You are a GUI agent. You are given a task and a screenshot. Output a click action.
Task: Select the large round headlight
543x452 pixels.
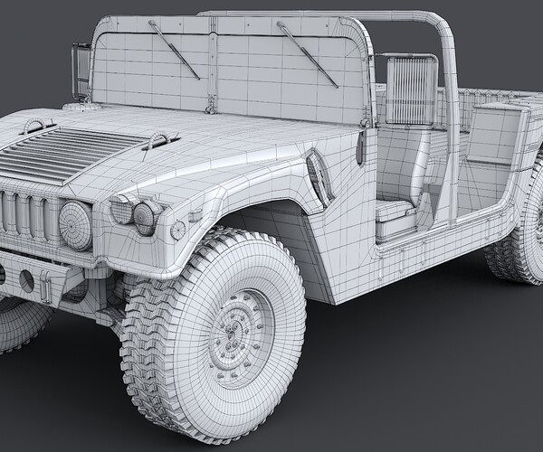(x=75, y=224)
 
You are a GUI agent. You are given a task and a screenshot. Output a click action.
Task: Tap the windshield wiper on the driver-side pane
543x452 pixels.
(x=308, y=54)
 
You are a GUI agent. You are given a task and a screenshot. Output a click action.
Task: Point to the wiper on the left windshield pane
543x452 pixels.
(x=174, y=49)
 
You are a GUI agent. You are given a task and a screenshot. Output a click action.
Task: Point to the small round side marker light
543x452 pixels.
(x=178, y=227)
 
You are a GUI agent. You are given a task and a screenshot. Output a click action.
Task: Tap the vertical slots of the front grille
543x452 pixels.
(x=27, y=213)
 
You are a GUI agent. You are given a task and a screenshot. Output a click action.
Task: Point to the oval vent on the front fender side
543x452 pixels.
(x=317, y=176)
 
